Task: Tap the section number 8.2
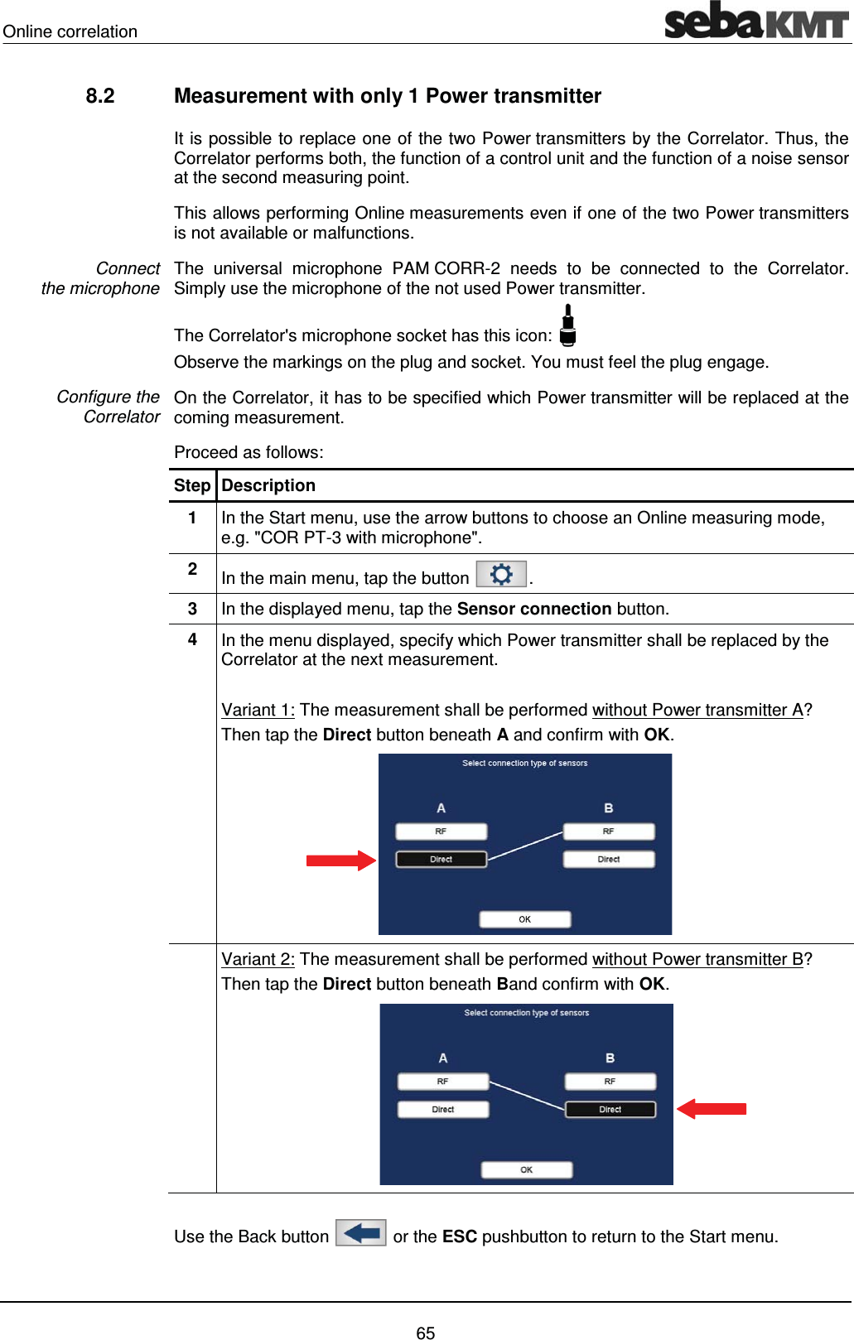pos(100,96)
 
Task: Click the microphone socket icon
pos(568,325)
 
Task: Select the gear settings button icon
pos(501,575)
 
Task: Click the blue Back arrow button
pos(361,1233)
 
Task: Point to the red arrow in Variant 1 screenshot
pos(340,860)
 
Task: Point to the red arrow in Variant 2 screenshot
pos(712,1109)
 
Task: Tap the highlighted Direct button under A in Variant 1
pos(441,860)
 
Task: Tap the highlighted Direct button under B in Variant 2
pos(610,1110)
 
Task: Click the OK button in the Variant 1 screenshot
pos(525,919)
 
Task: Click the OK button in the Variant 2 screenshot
pos(527,1170)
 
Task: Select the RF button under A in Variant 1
pos(441,831)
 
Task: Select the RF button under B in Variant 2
pos(610,1082)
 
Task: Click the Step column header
pos(192,486)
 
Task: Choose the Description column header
pos(268,486)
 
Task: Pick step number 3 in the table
pos(192,610)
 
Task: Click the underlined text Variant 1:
pos(258,711)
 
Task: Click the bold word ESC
pos(460,1237)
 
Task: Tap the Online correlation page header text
pos(70,32)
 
